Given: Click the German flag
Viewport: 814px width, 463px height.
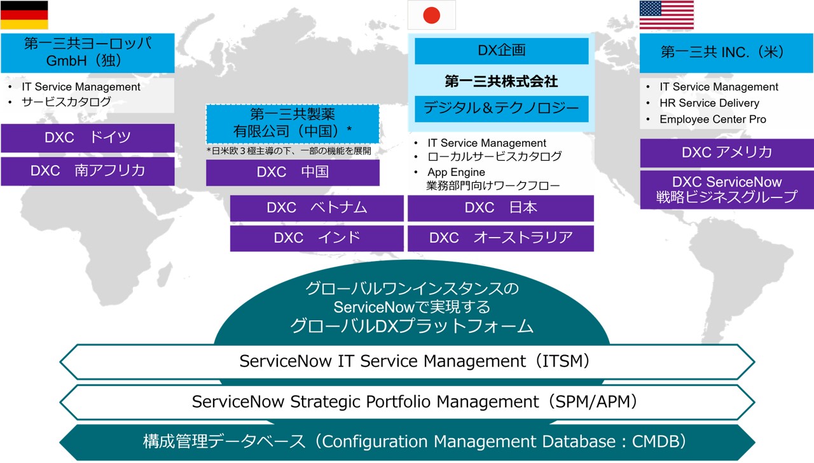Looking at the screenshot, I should click(24, 15).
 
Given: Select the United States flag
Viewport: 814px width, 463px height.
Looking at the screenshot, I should click(666, 15).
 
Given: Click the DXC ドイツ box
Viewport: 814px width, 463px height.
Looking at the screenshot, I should click(88, 138).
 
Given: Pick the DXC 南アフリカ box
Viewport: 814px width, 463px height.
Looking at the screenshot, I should click(88, 171).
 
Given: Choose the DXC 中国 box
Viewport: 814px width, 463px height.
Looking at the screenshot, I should click(293, 172).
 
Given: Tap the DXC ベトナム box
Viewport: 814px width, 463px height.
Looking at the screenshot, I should click(317, 208).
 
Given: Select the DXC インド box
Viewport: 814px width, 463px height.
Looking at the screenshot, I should click(317, 238).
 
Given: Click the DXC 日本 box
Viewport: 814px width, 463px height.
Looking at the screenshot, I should click(500, 208).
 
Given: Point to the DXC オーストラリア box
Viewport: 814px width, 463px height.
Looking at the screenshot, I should click(500, 238).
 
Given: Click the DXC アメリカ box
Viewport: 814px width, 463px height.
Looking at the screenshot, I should click(726, 152).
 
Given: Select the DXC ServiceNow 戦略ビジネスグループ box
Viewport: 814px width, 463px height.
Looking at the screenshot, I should click(726, 189).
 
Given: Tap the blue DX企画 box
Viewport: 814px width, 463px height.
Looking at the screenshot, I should click(501, 51).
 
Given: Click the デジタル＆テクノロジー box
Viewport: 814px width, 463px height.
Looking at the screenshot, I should click(501, 109).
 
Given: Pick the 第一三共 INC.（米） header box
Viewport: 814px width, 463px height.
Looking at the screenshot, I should click(726, 53).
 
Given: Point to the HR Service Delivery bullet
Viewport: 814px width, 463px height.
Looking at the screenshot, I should click(709, 103).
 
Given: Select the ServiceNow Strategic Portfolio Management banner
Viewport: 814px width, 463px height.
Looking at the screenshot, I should click(407, 402).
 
